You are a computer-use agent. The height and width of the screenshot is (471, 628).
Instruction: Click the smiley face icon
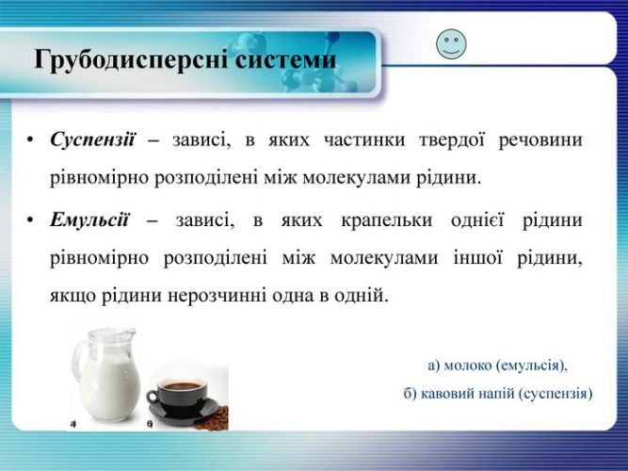tap(451, 44)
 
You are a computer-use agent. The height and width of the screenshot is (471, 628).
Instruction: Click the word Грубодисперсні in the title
tap(132, 60)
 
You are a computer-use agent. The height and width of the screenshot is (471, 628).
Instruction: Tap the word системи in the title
tap(285, 59)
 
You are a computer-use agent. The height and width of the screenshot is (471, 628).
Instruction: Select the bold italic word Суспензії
tap(93, 140)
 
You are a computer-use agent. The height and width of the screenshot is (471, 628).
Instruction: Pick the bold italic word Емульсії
tap(89, 220)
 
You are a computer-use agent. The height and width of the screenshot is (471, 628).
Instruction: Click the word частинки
tap(364, 140)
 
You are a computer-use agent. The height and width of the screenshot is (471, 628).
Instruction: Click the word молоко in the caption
tap(468, 365)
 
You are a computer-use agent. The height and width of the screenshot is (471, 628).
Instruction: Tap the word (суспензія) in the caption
tap(556, 394)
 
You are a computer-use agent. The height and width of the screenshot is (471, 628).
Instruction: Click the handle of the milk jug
tap(78, 361)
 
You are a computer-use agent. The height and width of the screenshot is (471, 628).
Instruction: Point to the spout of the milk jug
tap(129, 333)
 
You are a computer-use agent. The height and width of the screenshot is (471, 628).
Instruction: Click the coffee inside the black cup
tap(183, 386)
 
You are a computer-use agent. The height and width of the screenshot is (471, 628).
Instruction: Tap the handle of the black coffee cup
tap(153, 397)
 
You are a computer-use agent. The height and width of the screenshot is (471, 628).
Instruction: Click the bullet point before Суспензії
tap(30, 140)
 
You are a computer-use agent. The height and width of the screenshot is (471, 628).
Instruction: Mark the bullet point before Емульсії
tap(30, 220)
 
